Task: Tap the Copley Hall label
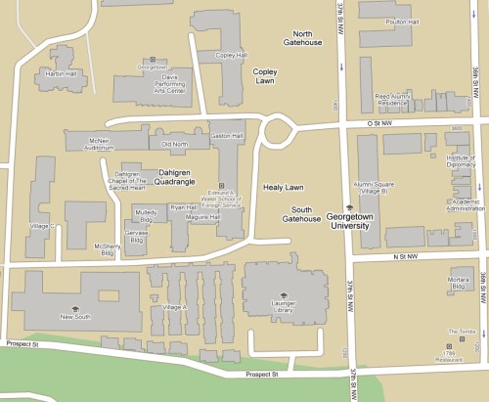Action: coord(231,56)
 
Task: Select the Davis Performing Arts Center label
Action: coord(154,81)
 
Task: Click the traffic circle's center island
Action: coord(280,127)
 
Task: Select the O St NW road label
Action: coord(372,124)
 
